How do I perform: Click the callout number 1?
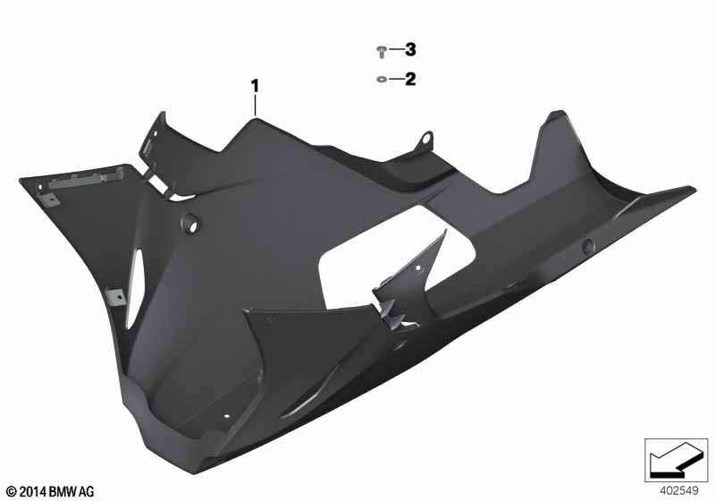[x=255, y=86]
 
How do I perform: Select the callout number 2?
[x=410, y=80]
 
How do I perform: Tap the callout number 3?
[x=410, y=49]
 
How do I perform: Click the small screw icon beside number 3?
[x=382, y=52]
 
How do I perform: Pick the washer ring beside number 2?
[x=382, y=80]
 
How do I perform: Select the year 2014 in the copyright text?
[x=33, y=492]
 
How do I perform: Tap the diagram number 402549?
[x=679, y=491]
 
